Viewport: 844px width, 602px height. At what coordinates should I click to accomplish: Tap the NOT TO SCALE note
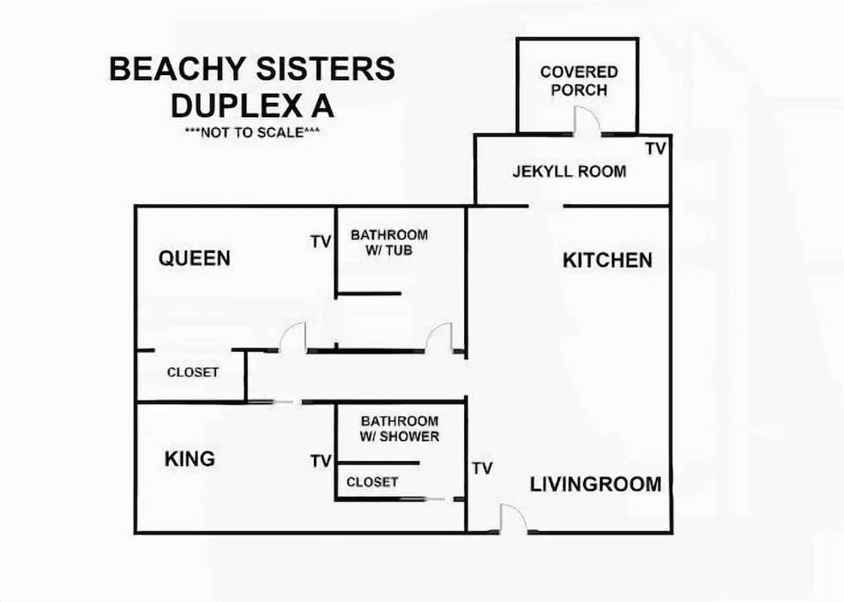tap(252, 132)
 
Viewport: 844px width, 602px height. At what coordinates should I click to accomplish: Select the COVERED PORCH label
tap(579, 81)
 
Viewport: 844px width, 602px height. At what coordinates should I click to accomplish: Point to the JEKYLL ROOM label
tap(569, 172)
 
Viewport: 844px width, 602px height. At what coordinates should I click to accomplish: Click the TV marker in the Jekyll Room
tap(655, 149)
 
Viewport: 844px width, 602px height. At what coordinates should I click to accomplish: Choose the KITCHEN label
tap(607, 260)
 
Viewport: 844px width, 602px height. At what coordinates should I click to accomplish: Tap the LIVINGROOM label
tap(595, 484)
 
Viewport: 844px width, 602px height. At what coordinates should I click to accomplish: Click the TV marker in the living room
tap(482, 469)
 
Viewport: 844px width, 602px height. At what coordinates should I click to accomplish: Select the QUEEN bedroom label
tap(194, 258)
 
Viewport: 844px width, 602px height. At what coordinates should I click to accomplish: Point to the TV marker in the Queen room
tap(320, 243)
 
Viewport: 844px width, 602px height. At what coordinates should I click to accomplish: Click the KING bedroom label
tap(189, 459)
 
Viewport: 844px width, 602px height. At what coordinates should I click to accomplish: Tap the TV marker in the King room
tap(321, 461)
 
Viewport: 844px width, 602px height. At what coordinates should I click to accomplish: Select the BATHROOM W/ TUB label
tap(389, 243)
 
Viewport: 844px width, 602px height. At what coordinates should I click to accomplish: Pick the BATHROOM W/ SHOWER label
tap(399, 428)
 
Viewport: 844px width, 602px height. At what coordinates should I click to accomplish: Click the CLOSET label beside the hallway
tap(192, 372)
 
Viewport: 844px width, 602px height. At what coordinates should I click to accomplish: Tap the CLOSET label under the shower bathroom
tap(371, 481)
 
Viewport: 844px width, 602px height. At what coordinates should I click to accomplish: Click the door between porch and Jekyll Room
tap(587, 124)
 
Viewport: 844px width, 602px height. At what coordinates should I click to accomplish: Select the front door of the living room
tap(513, 519)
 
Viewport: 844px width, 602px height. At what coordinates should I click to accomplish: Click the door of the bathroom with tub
tap(440, 338)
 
